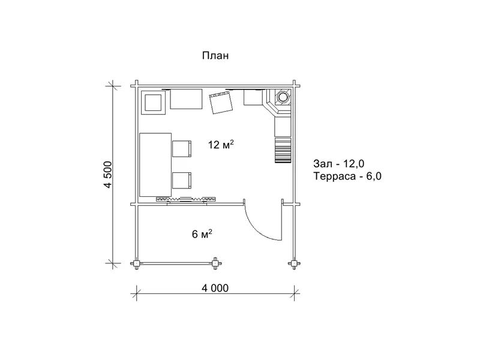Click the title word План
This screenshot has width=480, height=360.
tap(215, 56)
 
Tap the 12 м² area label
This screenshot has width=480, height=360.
tap(221, 144)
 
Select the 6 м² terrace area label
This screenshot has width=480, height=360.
tap(202, 234)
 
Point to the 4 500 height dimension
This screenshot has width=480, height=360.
tap(109, 174)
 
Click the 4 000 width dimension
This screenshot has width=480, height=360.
tap(215, 288)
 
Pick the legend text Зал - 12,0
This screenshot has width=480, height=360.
tap(339, 164)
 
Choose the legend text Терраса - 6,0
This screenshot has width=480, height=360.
tap(347, 176)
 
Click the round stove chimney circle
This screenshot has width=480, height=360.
tap(282, 97)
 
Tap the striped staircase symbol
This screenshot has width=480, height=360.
tap(283, 151)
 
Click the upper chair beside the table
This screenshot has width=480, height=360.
tap(182, 149)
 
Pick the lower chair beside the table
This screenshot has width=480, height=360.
tap(182, 181)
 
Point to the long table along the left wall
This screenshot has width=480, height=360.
tap(155, 164)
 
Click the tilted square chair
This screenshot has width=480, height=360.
tap(221, 103)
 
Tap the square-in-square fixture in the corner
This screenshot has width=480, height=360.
tap(153, 103)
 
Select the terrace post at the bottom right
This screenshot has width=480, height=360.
tap(294, 263)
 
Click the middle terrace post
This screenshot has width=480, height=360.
tap(216, 263)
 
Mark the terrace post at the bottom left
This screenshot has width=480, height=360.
tap(136, 263)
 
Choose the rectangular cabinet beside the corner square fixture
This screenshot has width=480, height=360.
tap(186, 99)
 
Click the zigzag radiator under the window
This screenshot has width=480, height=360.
tap(186, 199)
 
